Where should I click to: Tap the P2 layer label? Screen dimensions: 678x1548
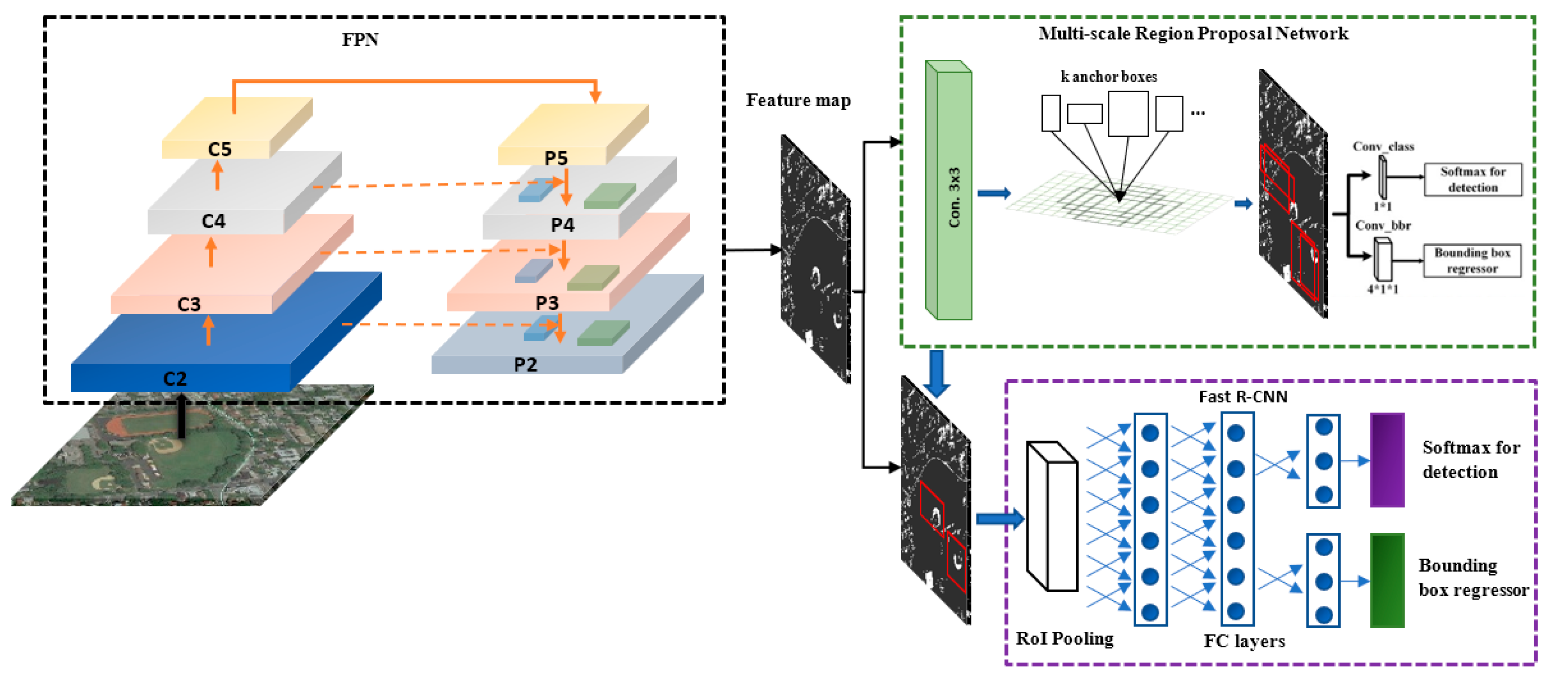[525, 365]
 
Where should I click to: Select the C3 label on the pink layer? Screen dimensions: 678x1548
[189, 304]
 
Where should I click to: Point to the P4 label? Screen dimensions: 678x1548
[562, 225]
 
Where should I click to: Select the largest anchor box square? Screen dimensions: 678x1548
[1128, 114]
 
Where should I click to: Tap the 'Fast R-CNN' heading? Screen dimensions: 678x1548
[1243, 397]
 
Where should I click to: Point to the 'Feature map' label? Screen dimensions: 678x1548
[798, 100]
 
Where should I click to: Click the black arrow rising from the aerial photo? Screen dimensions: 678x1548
[181, 416]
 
